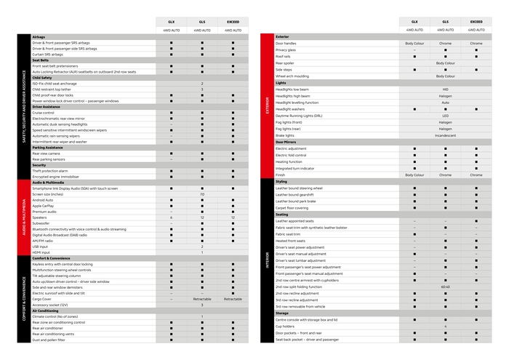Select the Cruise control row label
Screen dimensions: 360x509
(x=44, y=113)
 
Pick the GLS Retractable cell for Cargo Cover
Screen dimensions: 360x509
(x=202, y=299)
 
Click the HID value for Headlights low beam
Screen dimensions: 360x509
(x=445, y=89)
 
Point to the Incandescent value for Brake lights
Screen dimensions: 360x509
(x=445, y=135)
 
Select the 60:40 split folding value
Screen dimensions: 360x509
(x=445, y=287)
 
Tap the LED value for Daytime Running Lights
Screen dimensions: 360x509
(x=445, y=116)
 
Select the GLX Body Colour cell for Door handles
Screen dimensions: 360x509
(x=414, y=44)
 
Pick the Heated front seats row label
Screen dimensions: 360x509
(x=291, y=241)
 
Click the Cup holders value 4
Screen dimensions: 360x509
(x=445, y=327)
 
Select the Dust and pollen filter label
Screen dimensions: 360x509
(x=49, y=340)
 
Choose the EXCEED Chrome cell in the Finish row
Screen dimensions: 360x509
(x=476, y=175)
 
